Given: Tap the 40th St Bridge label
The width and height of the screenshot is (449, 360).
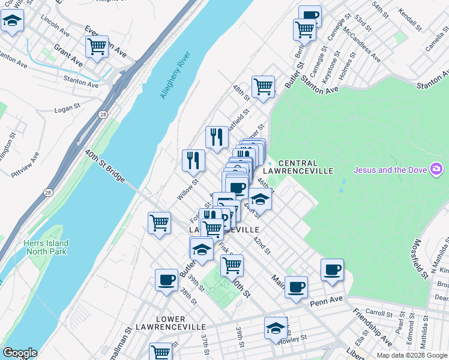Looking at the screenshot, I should [104, 167].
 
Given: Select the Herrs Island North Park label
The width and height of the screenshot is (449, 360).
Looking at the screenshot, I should [46, 247].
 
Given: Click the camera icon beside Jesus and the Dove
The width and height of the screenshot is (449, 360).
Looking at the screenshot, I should [435, 170].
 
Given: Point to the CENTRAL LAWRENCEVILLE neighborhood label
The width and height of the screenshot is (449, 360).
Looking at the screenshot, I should [306, 167].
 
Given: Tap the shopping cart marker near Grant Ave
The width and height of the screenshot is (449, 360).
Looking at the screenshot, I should [97, 46].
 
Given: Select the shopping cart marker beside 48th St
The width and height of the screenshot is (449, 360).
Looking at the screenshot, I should [263, 86].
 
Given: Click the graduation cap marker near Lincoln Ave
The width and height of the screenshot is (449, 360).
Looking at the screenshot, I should [11, 22].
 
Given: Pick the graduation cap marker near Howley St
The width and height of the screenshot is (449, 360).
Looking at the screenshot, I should [276, 328].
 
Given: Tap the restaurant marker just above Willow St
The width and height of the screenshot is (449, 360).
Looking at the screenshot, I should [193, 160].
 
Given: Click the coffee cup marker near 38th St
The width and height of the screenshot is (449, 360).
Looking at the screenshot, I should [166, 280].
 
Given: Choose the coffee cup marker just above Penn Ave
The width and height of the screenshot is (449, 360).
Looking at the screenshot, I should [295, 287].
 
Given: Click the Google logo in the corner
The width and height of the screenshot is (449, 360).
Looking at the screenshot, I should [20, 352].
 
